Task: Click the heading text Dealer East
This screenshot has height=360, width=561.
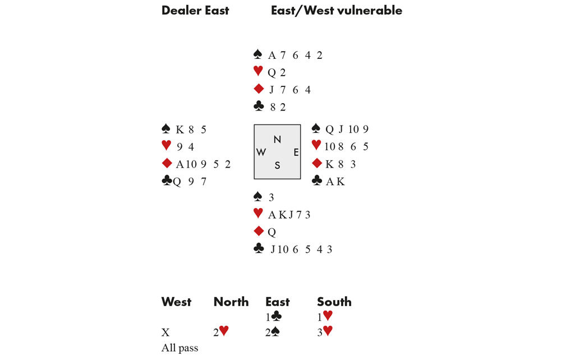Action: tap(195, 10)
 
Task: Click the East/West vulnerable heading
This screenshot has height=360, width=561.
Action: tap(336, 10)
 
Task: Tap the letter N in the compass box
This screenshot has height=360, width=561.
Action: tap(277, 140)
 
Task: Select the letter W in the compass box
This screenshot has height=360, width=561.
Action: tap(261, 153)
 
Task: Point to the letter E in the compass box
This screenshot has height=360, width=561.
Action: tap(296, 153)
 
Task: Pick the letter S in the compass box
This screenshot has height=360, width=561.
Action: tap(277, 165)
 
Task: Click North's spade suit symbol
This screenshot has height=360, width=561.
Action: tap(257, 54)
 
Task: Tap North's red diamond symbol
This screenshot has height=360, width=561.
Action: tap(258, 89)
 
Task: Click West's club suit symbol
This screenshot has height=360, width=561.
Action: tap(167, 181)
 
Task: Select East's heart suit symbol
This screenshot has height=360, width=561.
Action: tap(316, 145)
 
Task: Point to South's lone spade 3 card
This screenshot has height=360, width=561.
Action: tap(271, 197)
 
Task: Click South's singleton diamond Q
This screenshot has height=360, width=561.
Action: tap(272, 232)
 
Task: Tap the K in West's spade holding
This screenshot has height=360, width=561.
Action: tap(180, 130)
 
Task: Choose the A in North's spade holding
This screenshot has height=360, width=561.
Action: tap(272, 56)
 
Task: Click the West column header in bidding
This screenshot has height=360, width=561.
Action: tap(176, 302)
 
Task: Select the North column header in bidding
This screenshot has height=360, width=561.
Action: tap(231, 302)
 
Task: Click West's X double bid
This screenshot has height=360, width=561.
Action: tap(165, 333)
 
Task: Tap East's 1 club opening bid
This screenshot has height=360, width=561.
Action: tap(273, 317)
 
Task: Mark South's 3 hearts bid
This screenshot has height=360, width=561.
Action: tap(325, 332)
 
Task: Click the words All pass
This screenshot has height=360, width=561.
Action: tap(180, 348)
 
